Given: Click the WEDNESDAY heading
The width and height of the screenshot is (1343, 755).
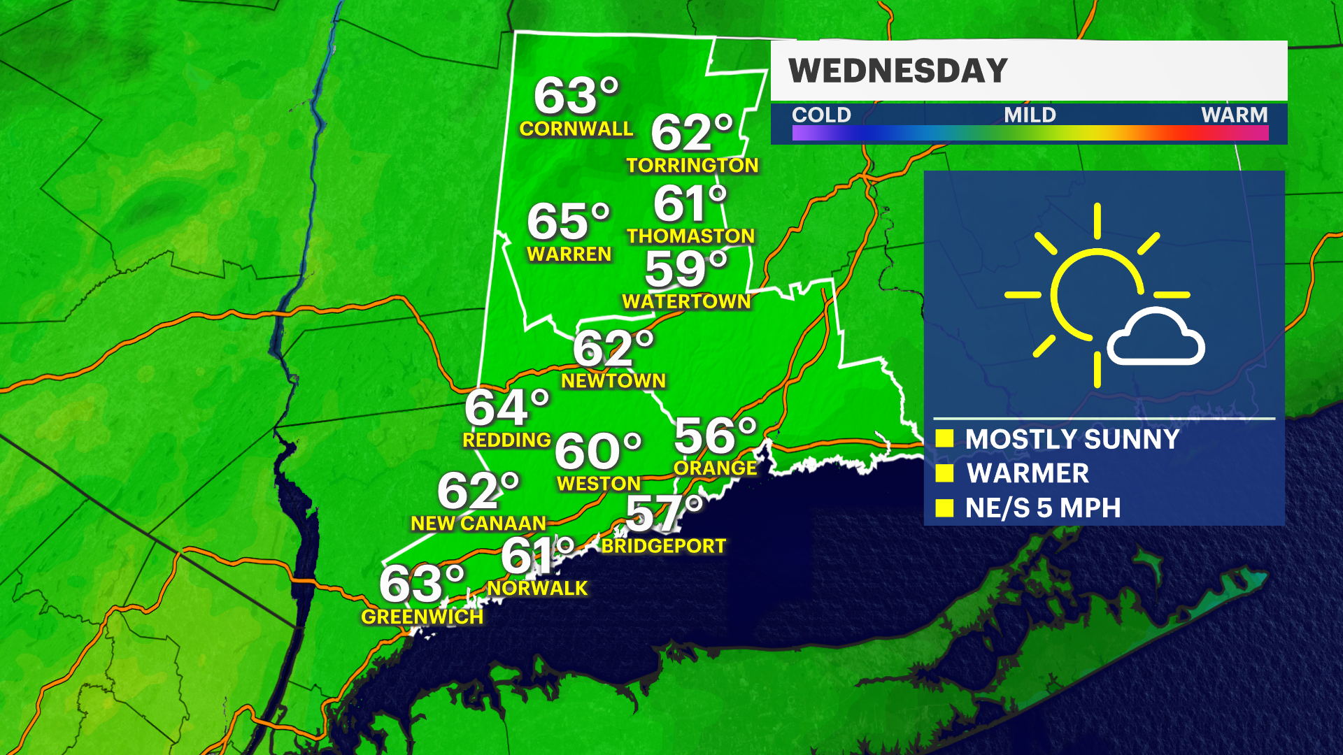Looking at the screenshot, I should (x=897, y=71).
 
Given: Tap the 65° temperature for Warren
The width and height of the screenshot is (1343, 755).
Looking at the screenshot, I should (x=568, y=222).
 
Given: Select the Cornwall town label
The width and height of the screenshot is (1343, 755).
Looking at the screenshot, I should (x=576, y=129).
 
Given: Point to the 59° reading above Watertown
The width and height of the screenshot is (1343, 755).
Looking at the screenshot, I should (x=685, y=268).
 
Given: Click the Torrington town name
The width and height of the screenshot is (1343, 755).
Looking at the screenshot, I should (x=692, y=165).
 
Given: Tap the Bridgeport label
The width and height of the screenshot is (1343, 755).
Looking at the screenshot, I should (x=663, y=546).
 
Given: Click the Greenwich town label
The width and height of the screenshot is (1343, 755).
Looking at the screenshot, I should (x=422, y=617).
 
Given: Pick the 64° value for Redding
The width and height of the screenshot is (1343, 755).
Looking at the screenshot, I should (x=506, y=408).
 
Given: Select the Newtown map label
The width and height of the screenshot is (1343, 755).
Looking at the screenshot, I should (x=613, y=380).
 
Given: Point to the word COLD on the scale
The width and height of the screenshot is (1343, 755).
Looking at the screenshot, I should (x=821, y=115).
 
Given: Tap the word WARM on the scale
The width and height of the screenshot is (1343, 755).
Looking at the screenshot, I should (x=1234, y=115).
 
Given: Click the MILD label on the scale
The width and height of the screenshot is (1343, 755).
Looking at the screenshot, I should (x=1030, y=115).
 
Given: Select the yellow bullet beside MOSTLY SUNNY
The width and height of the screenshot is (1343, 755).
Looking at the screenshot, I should (x=944, y=438).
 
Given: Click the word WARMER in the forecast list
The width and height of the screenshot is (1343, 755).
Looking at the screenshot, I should (x=1028, y=473).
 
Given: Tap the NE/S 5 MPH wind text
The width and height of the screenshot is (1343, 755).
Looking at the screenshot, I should (x=1042, y=508).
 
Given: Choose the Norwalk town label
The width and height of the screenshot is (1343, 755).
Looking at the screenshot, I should (x=537, y=588).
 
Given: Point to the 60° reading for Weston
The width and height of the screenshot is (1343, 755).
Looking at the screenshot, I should (x=597, y=451).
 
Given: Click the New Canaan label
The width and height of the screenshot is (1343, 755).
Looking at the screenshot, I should (x=478, y=523).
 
